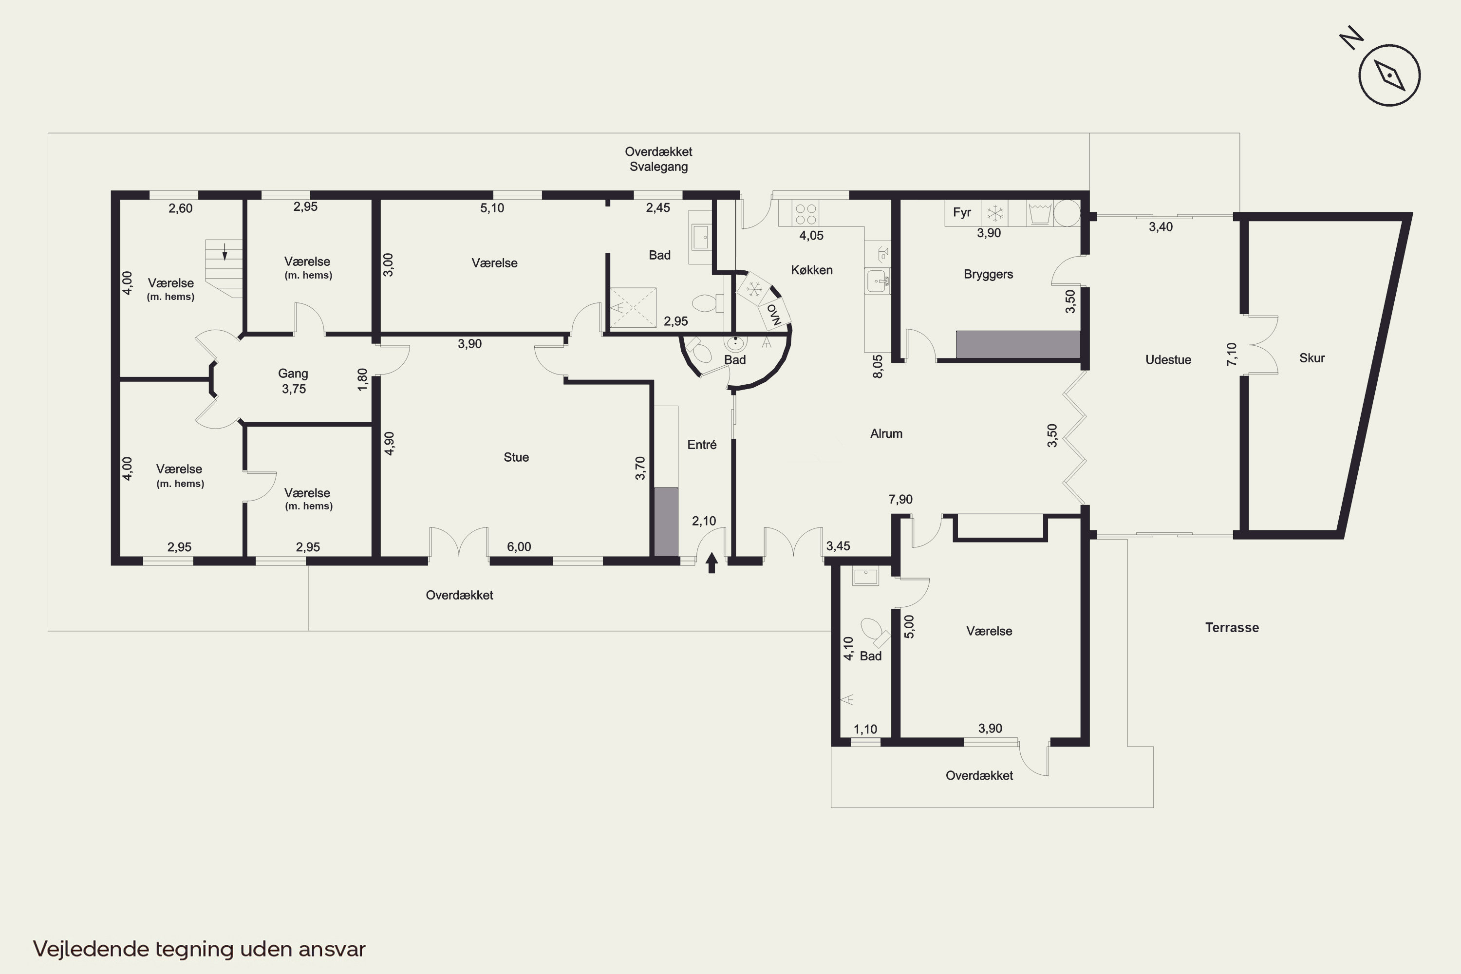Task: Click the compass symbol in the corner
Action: [x=1389, y=75]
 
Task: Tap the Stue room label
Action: [x=516, y=457]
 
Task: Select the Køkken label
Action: [x=812, y=270]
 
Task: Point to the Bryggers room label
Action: [x=988, y=274]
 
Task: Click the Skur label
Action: [x=1312, y=358]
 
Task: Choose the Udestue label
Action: [x=1168, y=360]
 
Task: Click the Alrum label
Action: [x=886, y=433]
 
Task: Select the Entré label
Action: [x=702, y=445]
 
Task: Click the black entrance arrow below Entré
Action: [x=712, y=563]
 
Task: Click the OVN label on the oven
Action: [x=774, y=314]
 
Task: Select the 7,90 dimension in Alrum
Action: [x=900, y=500]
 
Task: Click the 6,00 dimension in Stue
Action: [x=519, y=546]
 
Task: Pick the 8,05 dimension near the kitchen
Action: [x=878, y=367]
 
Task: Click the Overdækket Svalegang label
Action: [x=658, y=159]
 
